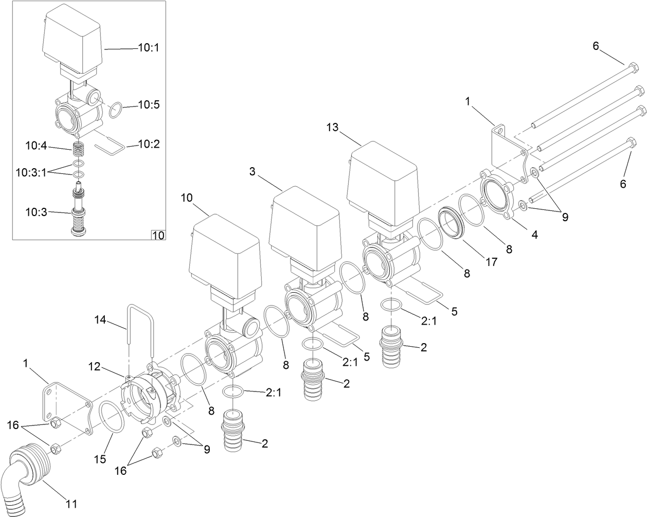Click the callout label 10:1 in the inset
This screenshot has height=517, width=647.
pyautogui.click(x=149, y=48)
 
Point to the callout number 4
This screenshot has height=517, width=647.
pyautogui.click(x=535, y=235)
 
